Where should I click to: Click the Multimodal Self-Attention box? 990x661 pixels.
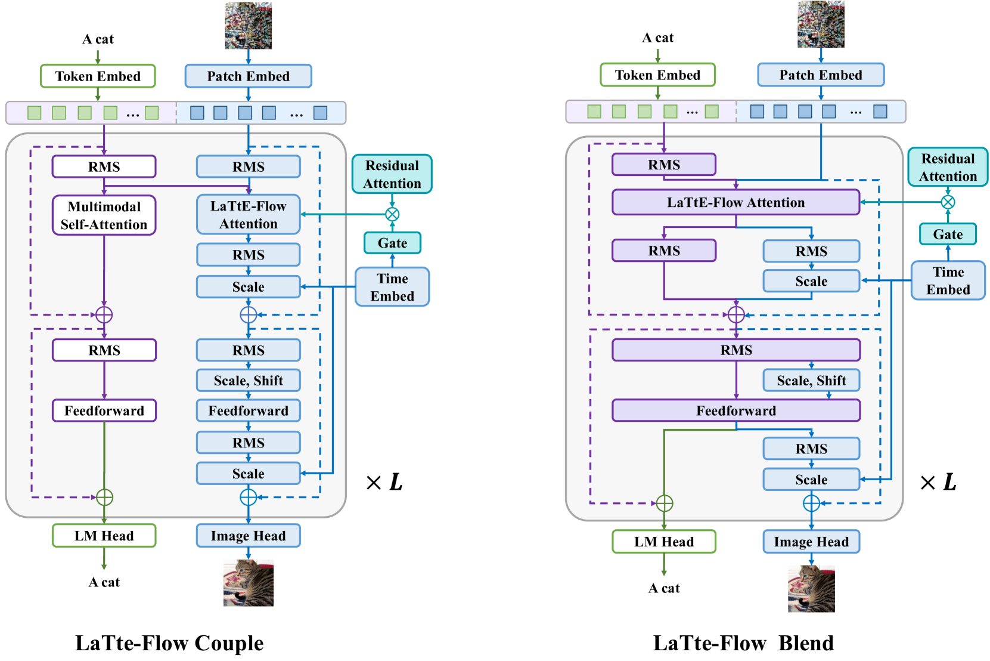[104, 215]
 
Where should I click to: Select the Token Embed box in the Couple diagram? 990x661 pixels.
[98, 76]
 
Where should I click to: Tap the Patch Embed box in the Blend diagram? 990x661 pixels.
[821, 75]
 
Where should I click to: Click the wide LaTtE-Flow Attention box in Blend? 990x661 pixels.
[736, 202]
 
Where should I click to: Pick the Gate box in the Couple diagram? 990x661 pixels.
[392, 242]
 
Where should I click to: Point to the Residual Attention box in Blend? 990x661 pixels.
[948, 167]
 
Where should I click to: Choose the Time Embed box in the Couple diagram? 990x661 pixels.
[392, 287]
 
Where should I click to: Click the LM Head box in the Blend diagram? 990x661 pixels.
[664, 542]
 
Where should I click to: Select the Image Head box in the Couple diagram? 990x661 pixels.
[249, 536]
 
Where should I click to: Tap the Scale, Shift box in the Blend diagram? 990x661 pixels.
[811, 381]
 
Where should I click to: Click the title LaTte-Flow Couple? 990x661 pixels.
[169, 643]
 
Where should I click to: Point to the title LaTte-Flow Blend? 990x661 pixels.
[743, 643]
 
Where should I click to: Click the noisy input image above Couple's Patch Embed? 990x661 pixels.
[249, 25]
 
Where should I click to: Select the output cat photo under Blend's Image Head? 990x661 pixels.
[811, 588]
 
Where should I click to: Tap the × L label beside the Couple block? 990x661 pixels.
[384, 482]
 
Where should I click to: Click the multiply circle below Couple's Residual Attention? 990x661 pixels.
[392, 215]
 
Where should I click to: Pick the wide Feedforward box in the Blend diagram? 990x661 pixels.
[736, 410]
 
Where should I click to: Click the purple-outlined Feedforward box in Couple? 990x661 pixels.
[104, 410]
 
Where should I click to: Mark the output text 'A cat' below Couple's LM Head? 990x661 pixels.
[104, 582]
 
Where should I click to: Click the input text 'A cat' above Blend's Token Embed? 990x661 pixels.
[657, 38]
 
